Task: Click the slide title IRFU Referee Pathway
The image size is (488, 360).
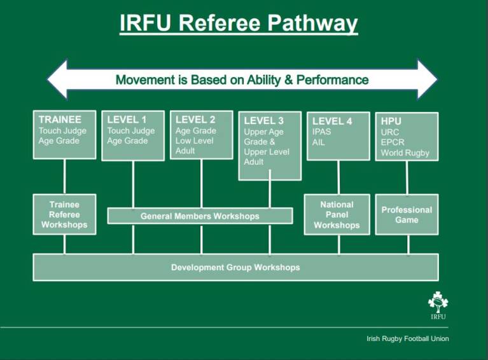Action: coord(239,23)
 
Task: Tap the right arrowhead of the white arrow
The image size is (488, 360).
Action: coord(427,80)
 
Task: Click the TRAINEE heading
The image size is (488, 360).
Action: coord(60,120)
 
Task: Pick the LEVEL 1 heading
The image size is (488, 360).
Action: coord(127,120)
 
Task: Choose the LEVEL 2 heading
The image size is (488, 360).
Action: coord(195,120)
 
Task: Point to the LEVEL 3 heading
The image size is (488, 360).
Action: coord(263,121)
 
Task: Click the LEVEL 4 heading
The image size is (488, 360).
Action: coord(331,121)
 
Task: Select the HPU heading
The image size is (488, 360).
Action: coord(391,121)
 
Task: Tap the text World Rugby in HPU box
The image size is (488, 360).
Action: coord(405,153)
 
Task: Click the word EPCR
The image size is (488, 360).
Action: coord(393,142)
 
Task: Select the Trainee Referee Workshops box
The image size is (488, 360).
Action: coord(64,215)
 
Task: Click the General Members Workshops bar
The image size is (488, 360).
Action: coord(200,216)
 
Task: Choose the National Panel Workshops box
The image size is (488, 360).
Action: coord(337,215)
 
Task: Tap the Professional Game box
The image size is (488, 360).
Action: coord(407,215)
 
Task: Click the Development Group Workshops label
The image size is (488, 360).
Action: coord(235,267)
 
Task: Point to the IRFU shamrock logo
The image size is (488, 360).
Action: coord(437,304)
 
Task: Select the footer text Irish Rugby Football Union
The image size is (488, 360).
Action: coord(407,339)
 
